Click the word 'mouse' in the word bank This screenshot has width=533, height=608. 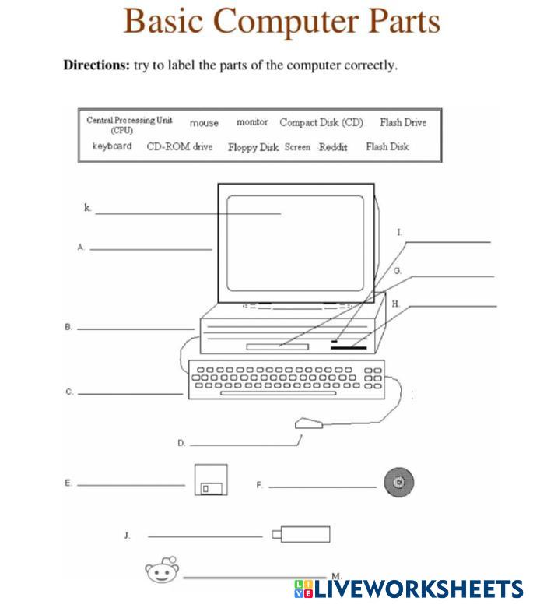tap(204, 123)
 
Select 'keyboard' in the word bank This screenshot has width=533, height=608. tap(112, 146)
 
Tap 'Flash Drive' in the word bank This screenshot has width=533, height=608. tap(402, 122)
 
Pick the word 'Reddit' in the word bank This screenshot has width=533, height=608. tap(333, 146)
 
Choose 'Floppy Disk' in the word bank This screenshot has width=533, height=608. tap(253, 146)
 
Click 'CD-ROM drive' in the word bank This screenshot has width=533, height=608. tap(179, 146)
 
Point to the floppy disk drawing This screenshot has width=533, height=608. tap(210, 480)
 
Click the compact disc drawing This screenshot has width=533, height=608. tap(398, 483)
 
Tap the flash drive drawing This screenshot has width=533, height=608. tap(301, 535)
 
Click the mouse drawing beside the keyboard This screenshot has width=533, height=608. tap(308, 423)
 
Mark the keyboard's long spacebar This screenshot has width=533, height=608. tap(279, 394)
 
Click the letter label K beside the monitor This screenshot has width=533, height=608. tap(87, 208)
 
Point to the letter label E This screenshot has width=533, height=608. tap(68, 483)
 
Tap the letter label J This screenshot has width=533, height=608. tap(126, 536)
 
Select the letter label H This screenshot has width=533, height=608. tap(395, 304)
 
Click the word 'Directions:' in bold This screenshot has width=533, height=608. tap(96, 65)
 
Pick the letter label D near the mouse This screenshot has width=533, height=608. tap(181, 443)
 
